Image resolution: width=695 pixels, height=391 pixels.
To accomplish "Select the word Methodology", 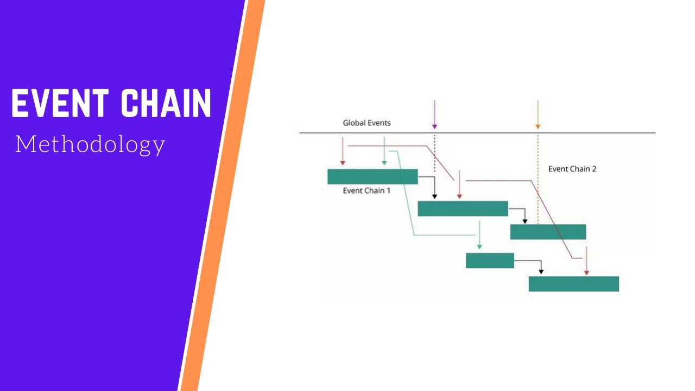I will [90, 144].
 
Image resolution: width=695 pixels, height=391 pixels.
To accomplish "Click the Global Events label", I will [367, 123].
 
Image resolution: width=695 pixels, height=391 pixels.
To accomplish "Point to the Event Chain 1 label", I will [367, 191].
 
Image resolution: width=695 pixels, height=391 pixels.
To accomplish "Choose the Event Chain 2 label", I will [572, 169].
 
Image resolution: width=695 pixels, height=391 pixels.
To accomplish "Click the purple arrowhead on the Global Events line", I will [434, 127].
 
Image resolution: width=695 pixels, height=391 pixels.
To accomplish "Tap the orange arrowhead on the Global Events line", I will [538, 127].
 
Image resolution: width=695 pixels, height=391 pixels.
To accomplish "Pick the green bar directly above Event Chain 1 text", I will [372, 176].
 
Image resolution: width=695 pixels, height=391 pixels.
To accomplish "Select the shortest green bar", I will [490, 261].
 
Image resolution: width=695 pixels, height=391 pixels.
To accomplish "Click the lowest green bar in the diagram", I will [573, 283].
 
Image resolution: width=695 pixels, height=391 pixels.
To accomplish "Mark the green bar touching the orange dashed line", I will [548, 232].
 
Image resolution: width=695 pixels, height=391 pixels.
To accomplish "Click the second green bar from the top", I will [463, 209].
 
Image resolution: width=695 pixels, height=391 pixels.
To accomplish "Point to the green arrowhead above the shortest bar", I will [479, 247].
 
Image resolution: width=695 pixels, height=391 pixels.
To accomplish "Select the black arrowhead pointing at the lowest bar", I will [541, 272].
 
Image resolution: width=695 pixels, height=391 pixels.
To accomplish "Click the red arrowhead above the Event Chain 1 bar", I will [343, 162].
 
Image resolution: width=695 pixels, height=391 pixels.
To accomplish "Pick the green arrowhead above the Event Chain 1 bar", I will [384, 162].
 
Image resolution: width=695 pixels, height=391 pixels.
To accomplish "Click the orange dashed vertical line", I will [538, 185].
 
